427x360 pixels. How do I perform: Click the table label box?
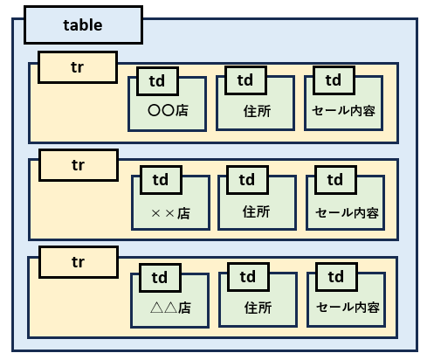click(x=83, y=25)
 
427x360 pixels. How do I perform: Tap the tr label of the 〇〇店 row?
click(x=78, y=67)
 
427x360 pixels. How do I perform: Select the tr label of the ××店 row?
click(x=79, y=165)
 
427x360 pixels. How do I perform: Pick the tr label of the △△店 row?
click(x=79, y=262)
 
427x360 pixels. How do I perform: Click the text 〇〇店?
click(x=168, y=111)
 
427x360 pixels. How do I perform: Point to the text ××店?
click(x=171, y=213)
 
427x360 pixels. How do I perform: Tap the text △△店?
click(x=171, y=308)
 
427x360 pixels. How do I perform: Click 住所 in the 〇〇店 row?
click(x=258, y=111)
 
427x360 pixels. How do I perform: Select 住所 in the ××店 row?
click(x=257, y=211)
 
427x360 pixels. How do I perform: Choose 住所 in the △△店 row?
click(x=258, y=308)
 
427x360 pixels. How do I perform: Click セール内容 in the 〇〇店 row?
click(x=343, y=111)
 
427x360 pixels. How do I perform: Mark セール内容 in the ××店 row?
click(x=347, y=213)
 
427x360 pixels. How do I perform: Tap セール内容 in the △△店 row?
click(x=348, y=308)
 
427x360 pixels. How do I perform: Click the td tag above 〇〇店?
click(x=157, y=81)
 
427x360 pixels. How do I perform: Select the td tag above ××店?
click(x=161, y=180)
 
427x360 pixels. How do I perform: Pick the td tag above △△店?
click(x=160, y=278)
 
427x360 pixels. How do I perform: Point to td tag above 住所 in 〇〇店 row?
click(x=245, y=80)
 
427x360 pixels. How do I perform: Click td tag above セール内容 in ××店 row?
click(x=335, y=180)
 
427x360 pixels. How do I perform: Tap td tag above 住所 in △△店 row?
click(x=248, y=277)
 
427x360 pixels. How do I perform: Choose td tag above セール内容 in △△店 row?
click(x=336, y=277)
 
